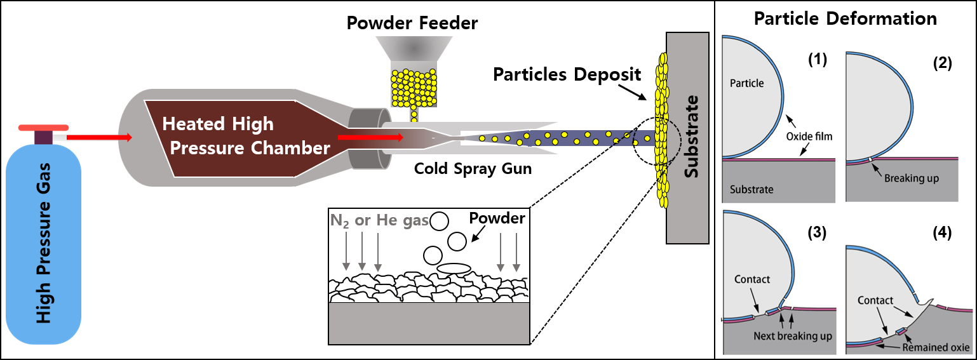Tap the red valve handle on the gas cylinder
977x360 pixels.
(44, 128)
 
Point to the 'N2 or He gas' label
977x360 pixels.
(379, 220)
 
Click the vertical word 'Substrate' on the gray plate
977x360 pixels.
(691, 137)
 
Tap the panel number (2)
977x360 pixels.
(942, 63)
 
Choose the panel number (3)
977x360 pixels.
(816, 232)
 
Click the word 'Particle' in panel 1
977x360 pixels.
(747, 83)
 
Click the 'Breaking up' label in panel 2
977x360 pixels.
(911, 178)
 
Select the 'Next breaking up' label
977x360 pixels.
(793, 335)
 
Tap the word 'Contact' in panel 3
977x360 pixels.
(752, 279)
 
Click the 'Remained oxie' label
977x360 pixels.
(936, 347)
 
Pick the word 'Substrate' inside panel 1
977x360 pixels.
(752, 189)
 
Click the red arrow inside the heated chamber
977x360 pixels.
(370, 137)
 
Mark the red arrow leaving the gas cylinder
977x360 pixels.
(98, 137)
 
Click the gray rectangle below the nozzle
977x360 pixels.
(429, 323)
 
